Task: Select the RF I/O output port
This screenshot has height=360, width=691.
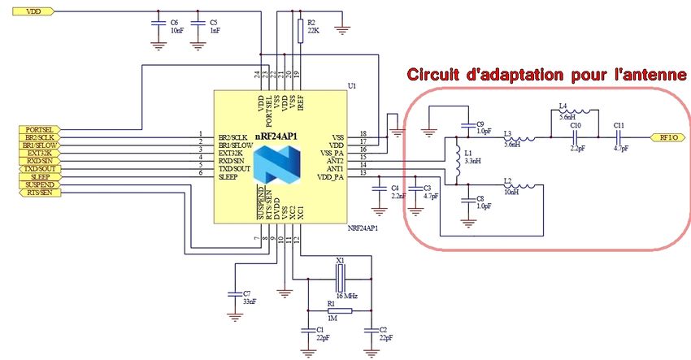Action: [x=668, y=137]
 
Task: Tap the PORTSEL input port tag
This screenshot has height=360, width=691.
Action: [x=40, y=128]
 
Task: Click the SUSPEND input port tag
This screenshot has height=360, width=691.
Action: [x=39, y=184]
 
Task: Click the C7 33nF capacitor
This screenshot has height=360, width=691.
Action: [x=235, y=293]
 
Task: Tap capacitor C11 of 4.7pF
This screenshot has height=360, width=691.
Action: [x=618, y=137]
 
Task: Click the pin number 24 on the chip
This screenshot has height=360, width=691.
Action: [x=257, y=75]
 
